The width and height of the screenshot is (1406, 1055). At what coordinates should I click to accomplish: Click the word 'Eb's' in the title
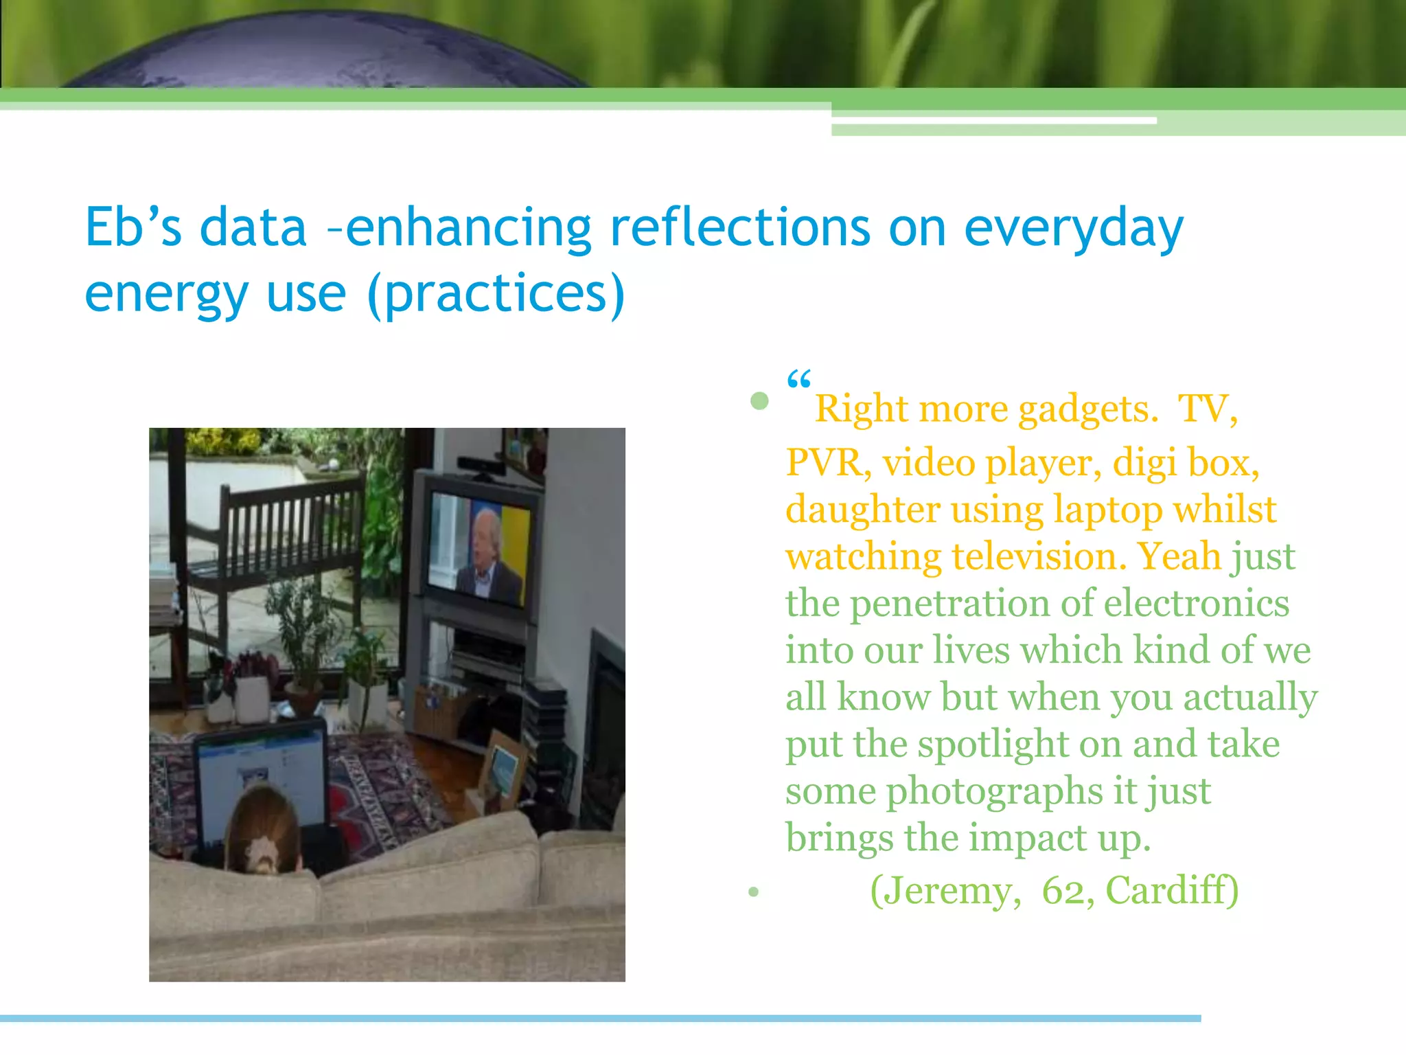[133, 228]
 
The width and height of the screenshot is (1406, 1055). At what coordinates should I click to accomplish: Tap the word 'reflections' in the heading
[739, 228]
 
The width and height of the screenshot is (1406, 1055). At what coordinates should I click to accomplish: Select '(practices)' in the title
[496, 294]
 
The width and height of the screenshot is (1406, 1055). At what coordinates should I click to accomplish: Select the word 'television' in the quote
[1033, 556]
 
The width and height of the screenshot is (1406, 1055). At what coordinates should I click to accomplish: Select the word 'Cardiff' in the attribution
[1171, 891]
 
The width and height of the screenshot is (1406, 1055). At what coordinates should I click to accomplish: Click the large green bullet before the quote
[759, 401]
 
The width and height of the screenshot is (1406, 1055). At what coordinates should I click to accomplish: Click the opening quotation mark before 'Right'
[798, 380]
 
